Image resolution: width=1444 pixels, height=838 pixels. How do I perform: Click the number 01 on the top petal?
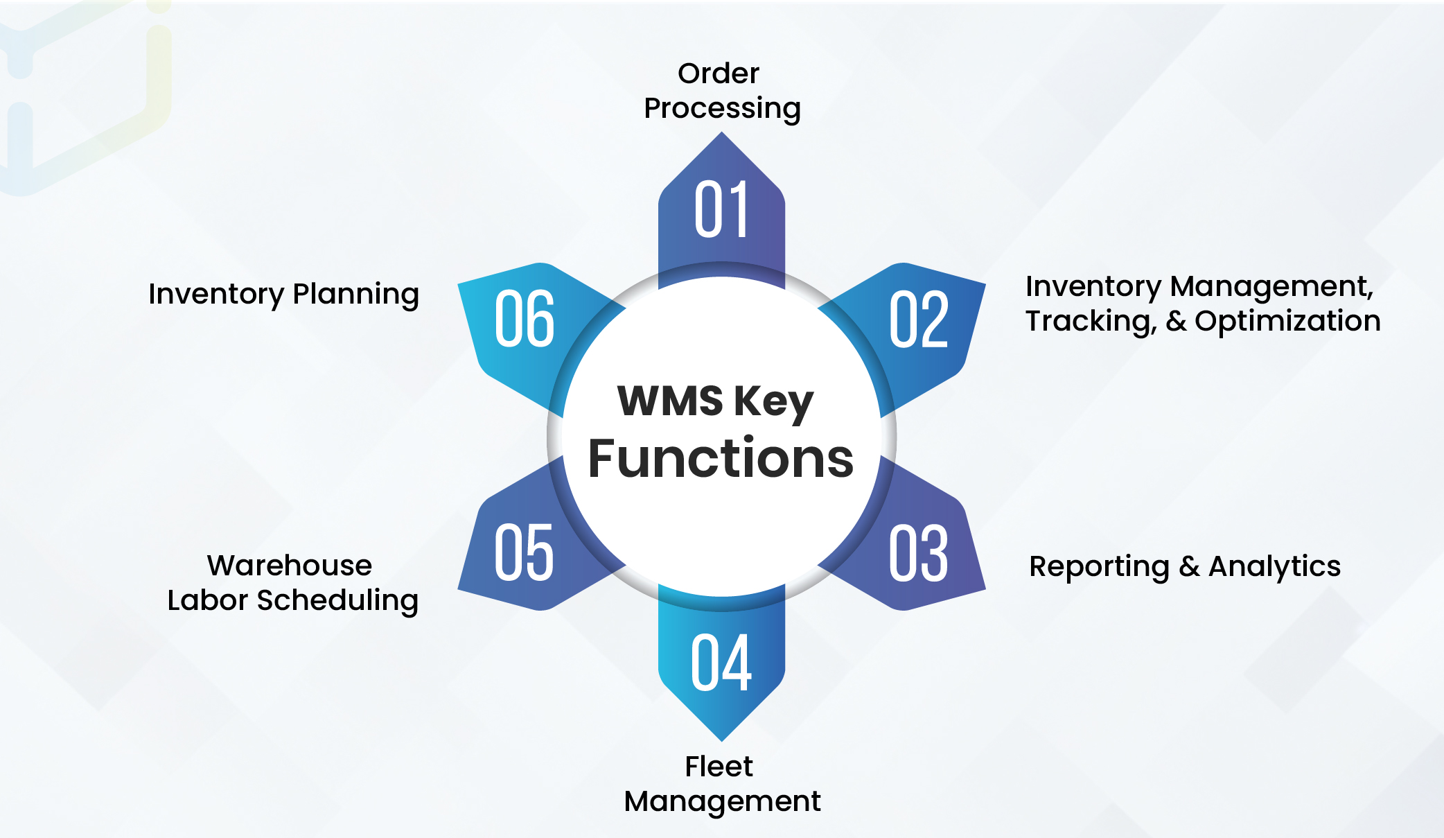click(721, 209)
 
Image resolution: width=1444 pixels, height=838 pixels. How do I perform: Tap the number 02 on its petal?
click(919, 320)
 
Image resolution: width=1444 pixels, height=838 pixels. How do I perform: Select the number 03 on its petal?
click(919, 552)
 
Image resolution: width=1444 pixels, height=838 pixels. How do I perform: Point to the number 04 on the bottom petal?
click(721, 663)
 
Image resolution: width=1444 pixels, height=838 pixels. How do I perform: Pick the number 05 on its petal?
click(524, 552)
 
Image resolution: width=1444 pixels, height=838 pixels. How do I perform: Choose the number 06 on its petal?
click(524, 320)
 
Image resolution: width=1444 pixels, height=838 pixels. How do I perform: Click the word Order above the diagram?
click(719, 73)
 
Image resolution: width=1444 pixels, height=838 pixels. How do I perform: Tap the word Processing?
click(722, 109)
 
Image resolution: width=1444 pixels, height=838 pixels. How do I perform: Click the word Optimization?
click(1287, 321)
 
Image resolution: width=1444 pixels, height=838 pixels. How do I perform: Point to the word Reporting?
click(1099, 568)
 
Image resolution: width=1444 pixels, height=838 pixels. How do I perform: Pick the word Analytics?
click(1274, 567)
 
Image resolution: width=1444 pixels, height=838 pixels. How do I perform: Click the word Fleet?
click(719, 767)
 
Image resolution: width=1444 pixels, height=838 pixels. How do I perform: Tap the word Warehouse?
click(290, 566)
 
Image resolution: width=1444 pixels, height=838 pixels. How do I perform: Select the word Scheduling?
click(337, 601)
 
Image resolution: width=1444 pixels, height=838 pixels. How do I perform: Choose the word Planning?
click(355, 295)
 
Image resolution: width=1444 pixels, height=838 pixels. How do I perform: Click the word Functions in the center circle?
click(721, 459)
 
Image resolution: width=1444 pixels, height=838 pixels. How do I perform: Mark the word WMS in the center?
click(670, 401)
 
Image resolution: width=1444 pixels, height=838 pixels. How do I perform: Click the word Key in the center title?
click(773, 403)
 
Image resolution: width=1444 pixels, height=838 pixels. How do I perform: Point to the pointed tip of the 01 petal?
click(721, 134)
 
